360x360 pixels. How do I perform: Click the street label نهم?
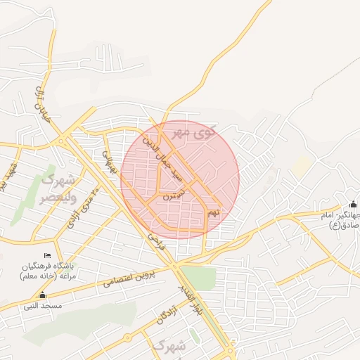[x=214, y=210]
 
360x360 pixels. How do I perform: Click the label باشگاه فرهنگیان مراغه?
[x=48, y=270]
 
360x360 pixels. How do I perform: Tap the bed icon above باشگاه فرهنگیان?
[x=47, y=255]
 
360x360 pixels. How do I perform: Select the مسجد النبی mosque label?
[x=43, y=306]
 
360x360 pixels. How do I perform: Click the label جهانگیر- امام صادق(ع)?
[x=341, y=220]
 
